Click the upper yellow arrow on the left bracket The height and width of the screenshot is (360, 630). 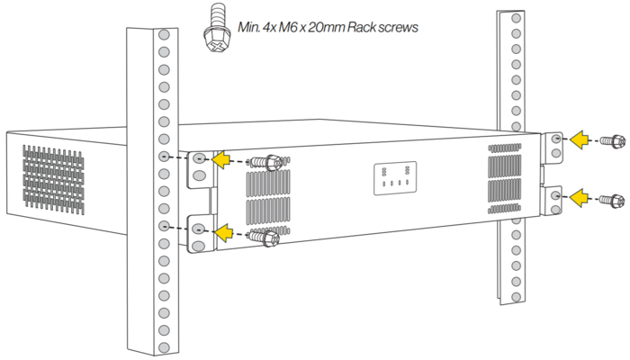tap(222, 160)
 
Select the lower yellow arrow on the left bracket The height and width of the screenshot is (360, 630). tap(222, 232)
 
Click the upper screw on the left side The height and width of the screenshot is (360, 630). tap(267, 162)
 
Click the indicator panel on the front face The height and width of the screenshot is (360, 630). tap(395, 177)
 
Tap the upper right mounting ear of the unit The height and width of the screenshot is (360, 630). tap(554, 141)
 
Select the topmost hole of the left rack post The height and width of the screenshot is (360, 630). tap(164, 35)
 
